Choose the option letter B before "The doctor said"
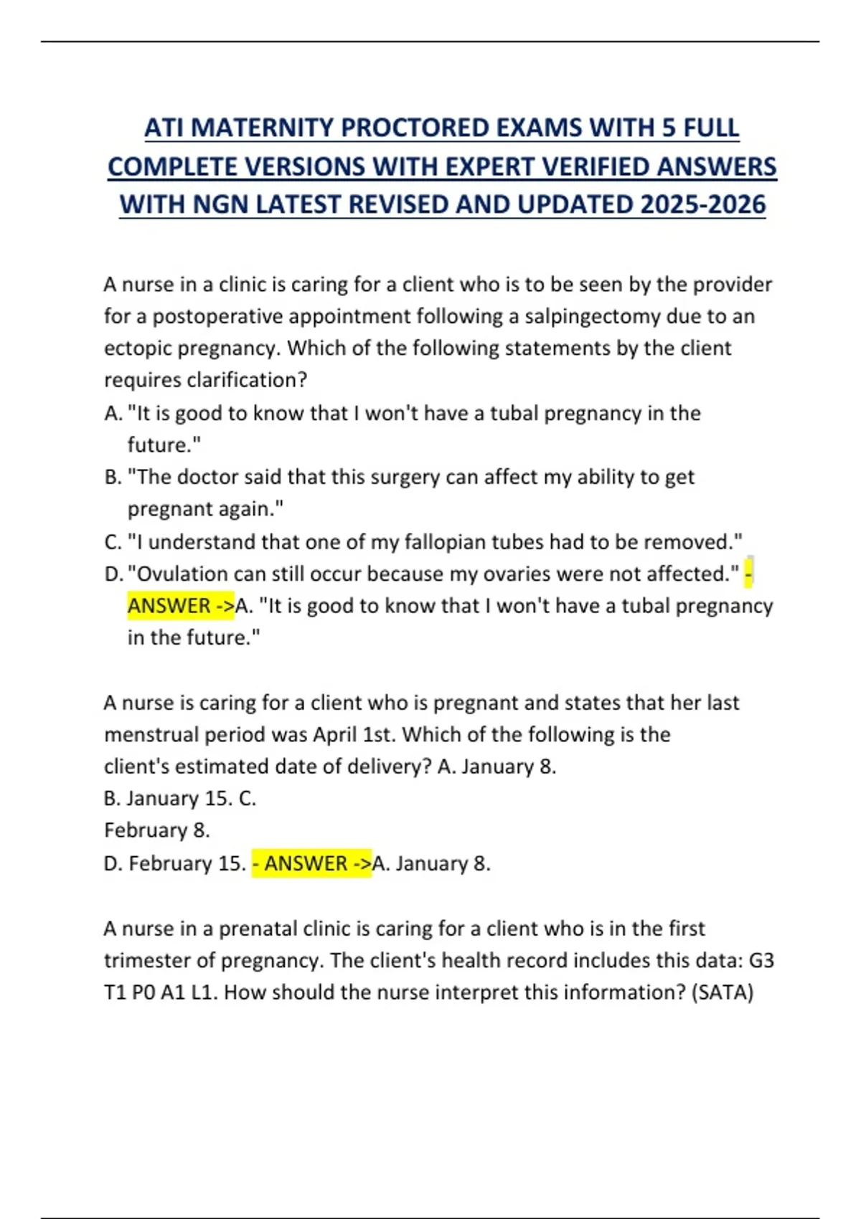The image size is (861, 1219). pyautogui.click(x=112, y=477)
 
